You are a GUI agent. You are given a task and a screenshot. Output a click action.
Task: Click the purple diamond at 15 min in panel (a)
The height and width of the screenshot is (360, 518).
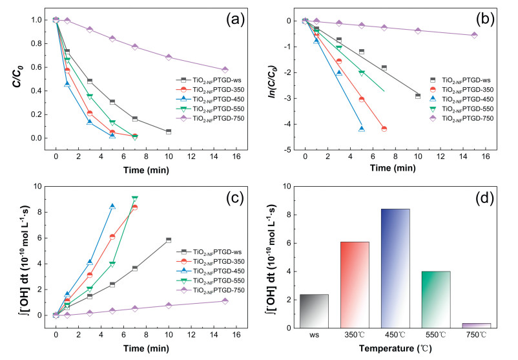(x=225, y=70)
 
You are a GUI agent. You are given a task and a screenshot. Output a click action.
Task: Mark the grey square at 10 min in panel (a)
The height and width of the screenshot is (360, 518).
(x=169, y=131)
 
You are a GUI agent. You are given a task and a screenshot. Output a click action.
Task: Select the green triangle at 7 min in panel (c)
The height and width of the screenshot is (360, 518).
(x=135, y=198)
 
